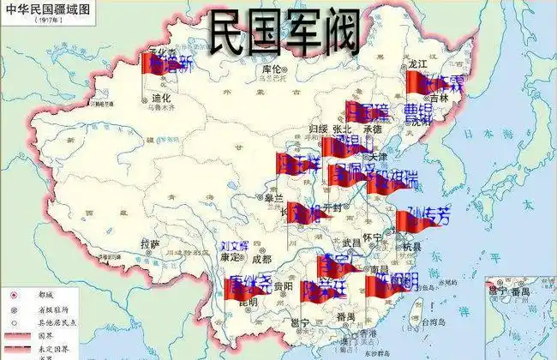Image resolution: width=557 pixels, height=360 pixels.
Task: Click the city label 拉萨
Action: pos(150,244)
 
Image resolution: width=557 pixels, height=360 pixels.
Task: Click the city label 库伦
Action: pos(272,69)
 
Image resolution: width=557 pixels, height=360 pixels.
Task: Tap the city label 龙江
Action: pos(417,63)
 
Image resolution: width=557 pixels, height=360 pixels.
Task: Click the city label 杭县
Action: pos(411,246)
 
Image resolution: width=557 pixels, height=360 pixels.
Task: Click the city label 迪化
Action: pos(161,98)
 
